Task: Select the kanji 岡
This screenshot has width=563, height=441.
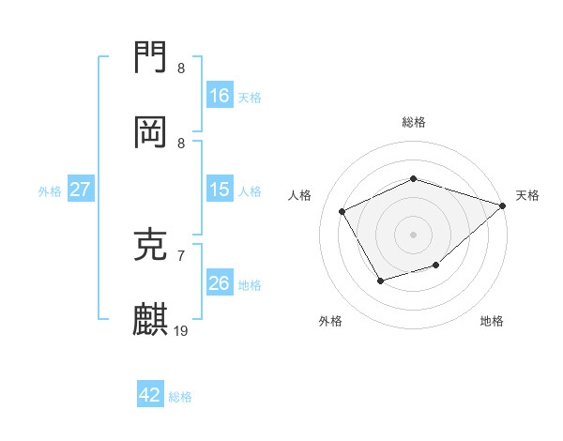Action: (151, 133)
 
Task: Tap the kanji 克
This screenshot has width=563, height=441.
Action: (151, 246)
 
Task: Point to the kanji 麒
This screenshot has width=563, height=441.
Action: (151, 320)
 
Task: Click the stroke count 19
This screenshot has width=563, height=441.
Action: (181, 330)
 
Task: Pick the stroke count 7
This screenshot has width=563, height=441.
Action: (181, 255)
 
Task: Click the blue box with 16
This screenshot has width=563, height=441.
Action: (220, 96)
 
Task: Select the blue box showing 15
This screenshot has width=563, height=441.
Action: (220, 190)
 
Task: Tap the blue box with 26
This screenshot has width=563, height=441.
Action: (220, 283)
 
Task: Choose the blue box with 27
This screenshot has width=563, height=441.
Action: (81, 190)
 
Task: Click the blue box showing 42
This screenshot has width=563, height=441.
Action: (150, 395)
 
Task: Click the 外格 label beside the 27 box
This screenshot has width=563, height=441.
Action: (50, 190)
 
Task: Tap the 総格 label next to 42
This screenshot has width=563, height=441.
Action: (180, 396)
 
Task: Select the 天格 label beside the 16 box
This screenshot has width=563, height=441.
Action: (250, 97)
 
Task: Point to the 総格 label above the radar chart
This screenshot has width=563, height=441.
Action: (413, 122)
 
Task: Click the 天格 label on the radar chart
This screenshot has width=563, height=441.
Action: (527, 195)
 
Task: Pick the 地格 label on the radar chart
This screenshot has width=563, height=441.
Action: (492, 321)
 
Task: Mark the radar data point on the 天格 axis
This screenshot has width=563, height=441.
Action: (503, 205)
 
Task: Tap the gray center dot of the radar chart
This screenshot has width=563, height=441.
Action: (413, 235)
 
